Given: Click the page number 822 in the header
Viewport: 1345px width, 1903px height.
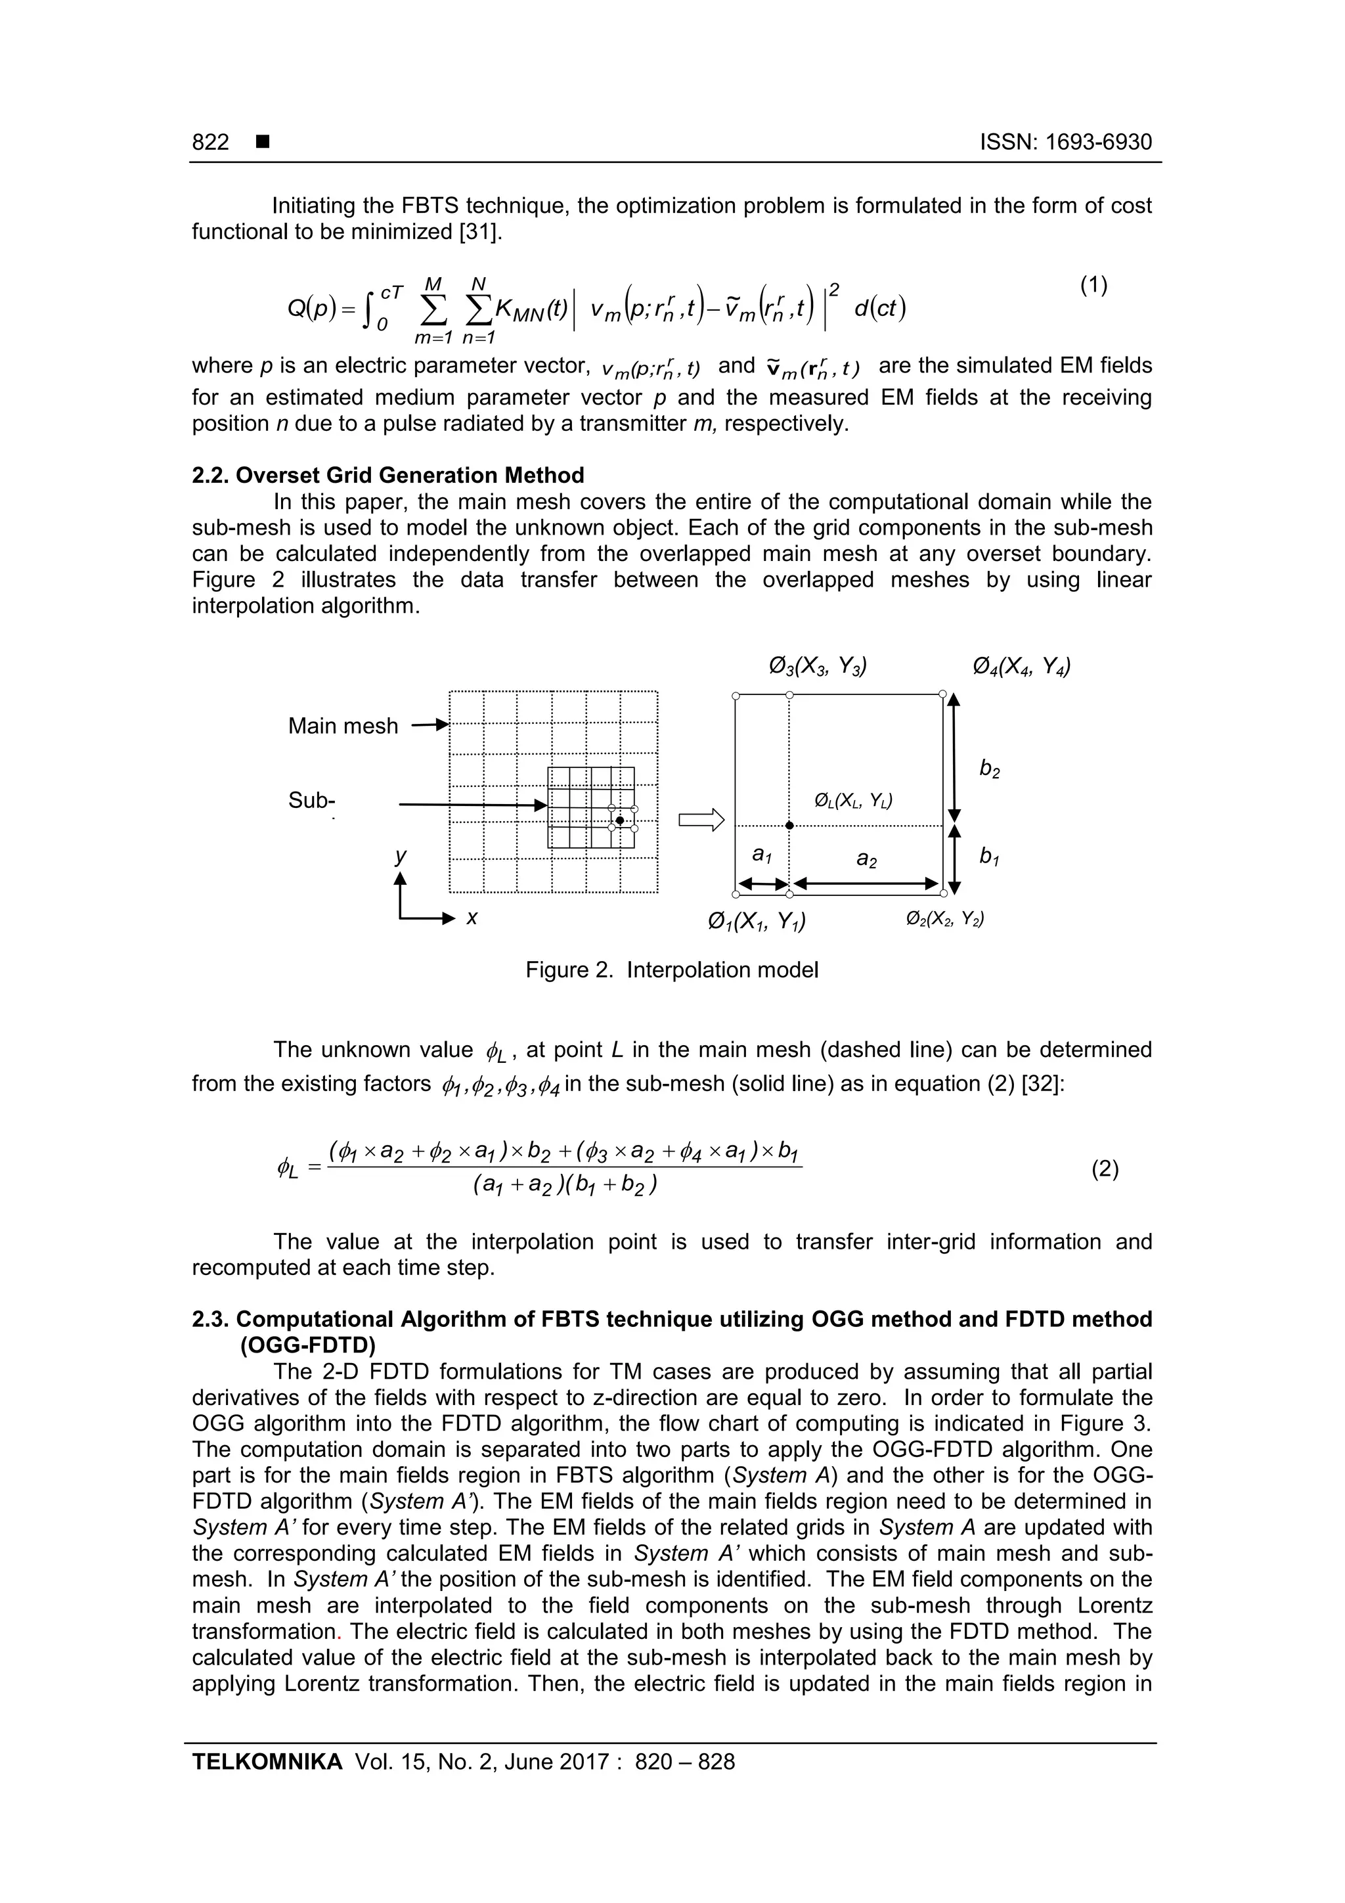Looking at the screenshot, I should coord(211,143).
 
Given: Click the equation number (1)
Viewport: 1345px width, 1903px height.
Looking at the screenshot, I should coord(1093,286).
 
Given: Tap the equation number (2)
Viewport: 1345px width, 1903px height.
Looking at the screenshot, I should coord(1105,1169).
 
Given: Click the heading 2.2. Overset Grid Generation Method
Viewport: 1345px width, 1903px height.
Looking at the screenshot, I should coord(388,475).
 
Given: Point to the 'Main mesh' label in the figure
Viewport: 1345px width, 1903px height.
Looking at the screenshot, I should coord(342,726).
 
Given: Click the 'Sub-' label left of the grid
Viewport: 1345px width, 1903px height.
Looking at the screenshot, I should coord(311,800).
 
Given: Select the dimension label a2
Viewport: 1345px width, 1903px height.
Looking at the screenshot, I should coord(867,861).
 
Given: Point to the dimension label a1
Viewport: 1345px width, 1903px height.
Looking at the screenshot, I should coord(761,855).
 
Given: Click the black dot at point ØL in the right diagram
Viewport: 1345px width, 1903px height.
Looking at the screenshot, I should coord(789,826).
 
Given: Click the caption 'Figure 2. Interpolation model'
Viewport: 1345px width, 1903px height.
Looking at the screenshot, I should coord(671,970).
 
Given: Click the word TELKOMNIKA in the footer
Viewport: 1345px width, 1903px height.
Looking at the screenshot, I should coord(267,1761).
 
